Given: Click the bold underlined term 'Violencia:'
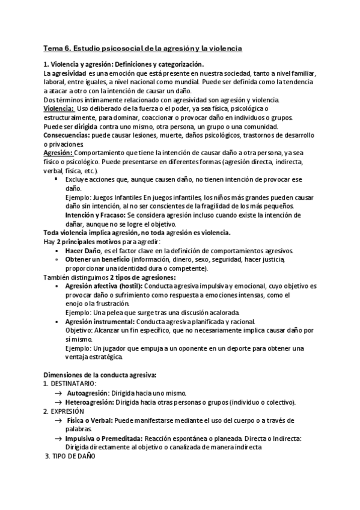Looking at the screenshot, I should pyautogui.click(x=58, y=108).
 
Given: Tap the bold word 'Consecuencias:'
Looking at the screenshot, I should pyautogui.click(x=66, y=135).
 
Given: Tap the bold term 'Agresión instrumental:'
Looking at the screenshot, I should pyautogui.click(x=99, y=322).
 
